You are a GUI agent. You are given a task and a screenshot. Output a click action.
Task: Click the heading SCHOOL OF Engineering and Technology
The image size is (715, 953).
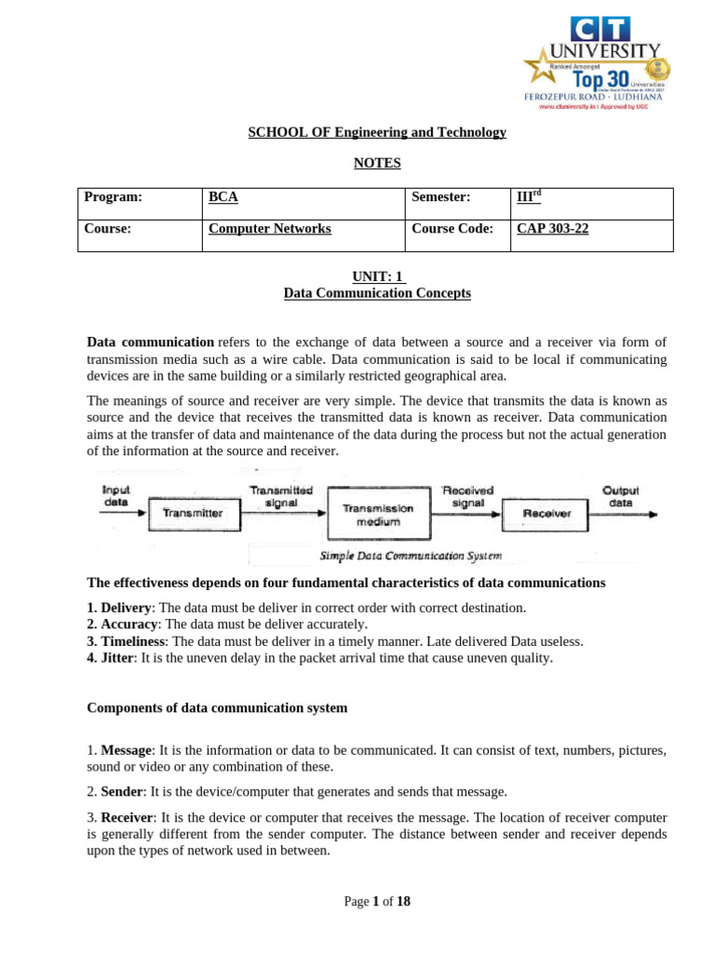pos(376,132)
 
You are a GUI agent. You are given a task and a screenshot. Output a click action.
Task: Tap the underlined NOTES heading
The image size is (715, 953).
pos(376,163)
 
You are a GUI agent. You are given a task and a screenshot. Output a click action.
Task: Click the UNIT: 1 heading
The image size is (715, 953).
pos(376,276)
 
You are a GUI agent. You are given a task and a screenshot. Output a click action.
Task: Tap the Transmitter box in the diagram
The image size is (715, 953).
pos(193,513)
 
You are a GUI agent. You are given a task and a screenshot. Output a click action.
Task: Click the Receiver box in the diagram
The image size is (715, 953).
pos(546,513)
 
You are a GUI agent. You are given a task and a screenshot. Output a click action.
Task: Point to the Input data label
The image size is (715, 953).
pos(116,495)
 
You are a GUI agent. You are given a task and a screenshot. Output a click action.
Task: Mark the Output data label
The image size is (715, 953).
pos(620,495)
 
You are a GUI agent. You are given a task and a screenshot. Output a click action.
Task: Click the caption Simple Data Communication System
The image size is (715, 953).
pos(411,556)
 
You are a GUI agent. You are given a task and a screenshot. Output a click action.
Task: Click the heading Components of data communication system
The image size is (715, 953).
pos(217,707)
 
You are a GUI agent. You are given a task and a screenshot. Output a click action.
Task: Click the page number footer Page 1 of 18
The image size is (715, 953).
pos(376,901)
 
